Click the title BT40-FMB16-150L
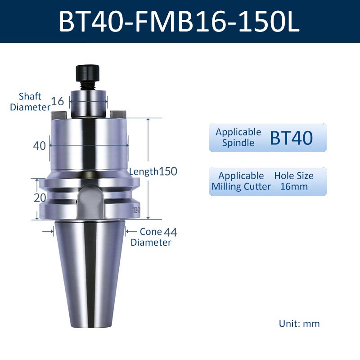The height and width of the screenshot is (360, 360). click(x=179, y=21)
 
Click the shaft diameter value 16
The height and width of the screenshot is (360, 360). click(x=58, y=101)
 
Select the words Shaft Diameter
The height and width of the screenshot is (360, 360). click(x=30, y=102)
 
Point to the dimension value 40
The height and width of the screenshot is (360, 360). click(x=39, y=145)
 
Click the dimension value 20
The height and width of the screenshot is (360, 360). click(x=40, y=198)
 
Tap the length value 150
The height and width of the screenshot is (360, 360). click(x=168, y=171)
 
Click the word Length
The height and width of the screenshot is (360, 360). click(x=144, y=172)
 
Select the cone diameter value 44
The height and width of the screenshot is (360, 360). click(x=171, y=232)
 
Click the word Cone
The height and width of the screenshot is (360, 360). click(x=151, y=232)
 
